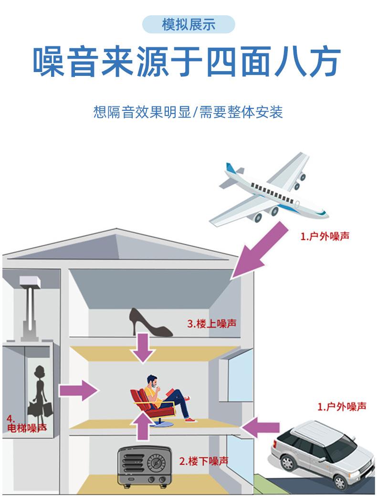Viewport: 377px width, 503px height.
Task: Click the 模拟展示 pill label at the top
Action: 188,24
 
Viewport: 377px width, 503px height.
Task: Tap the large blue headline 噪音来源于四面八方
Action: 187,62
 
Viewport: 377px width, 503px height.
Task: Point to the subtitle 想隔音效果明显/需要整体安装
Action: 188,112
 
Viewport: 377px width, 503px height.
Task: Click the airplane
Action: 269,189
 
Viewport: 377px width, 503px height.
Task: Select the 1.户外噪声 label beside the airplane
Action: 325,236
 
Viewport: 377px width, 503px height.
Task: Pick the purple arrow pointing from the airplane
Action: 259,251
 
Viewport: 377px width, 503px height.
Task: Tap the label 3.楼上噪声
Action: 212,324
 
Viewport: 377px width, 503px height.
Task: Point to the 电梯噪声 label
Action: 27,428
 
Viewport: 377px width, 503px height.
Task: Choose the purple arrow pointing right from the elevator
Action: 78,390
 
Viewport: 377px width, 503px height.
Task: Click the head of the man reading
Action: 153,382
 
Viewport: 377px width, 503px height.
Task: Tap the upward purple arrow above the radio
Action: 143,426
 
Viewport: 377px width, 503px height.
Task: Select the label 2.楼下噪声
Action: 204,461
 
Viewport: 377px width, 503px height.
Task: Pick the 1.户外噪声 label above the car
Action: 342,407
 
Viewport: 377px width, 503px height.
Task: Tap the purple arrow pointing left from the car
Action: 261,427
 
